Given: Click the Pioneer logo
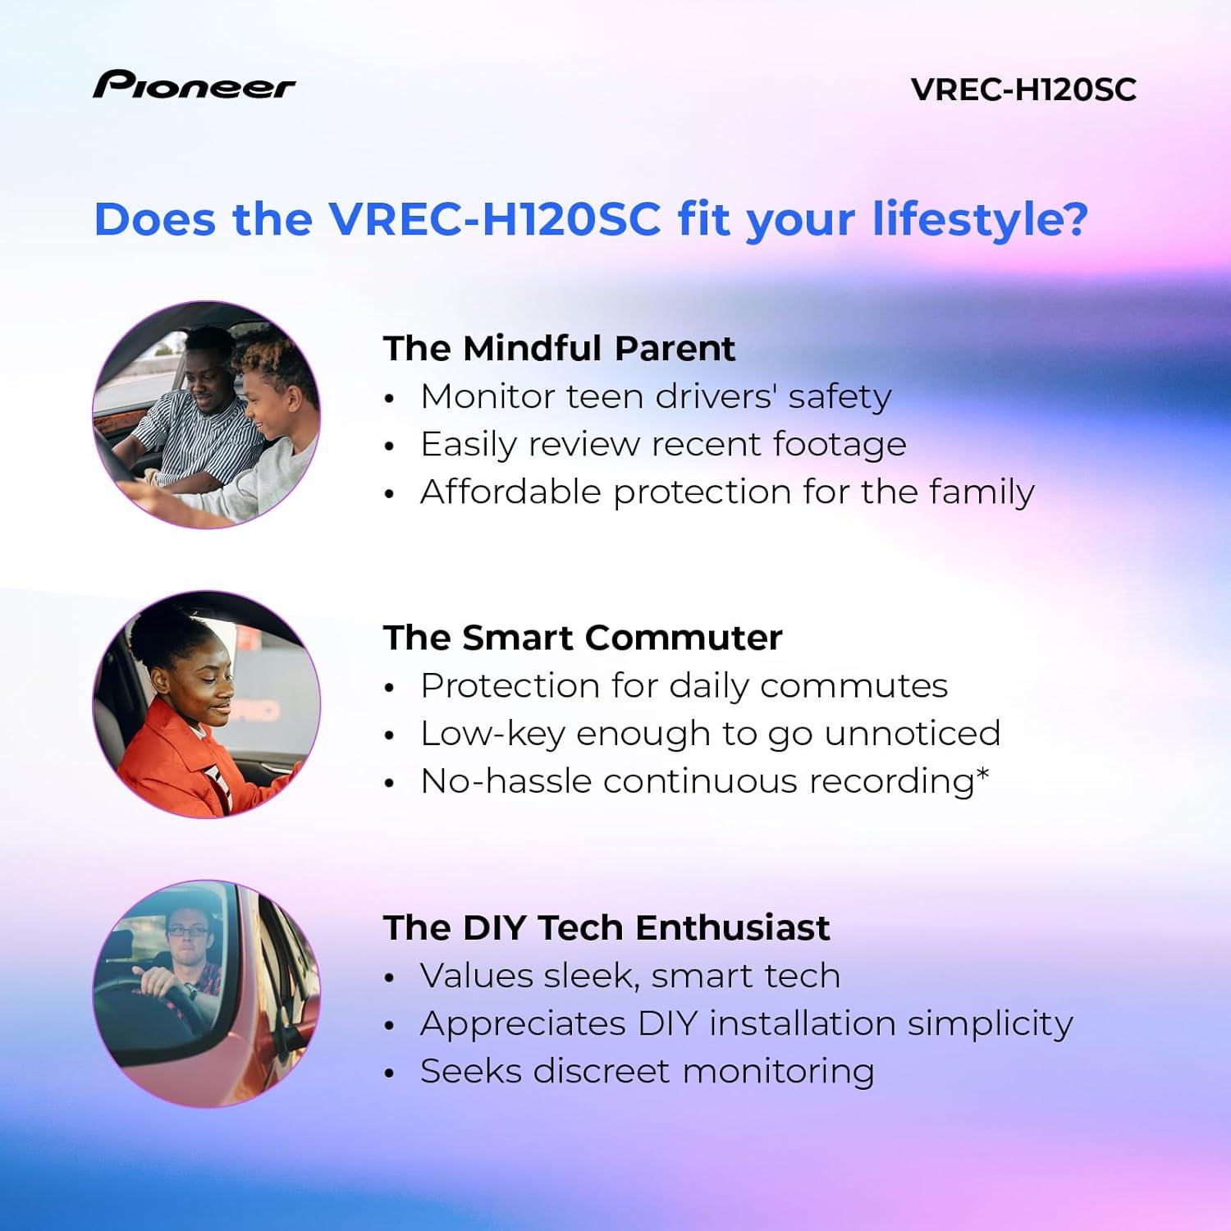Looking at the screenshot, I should (x=194, y=85).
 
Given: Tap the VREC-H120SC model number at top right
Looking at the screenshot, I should (x=1023, y=89).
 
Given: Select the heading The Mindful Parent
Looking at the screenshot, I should (x=559, y=348).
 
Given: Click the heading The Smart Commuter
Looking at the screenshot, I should (x=582, y=638).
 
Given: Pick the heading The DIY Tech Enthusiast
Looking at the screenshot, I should (x=606, y=927).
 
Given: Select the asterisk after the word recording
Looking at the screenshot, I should (x=983, y=773).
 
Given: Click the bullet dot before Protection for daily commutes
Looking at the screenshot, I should (x=391, y=688).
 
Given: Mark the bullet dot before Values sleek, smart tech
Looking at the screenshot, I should (x=391, y=977).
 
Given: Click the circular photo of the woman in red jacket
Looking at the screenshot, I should (x=206, y=704).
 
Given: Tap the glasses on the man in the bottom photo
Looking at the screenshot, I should (x=187, y=930).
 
